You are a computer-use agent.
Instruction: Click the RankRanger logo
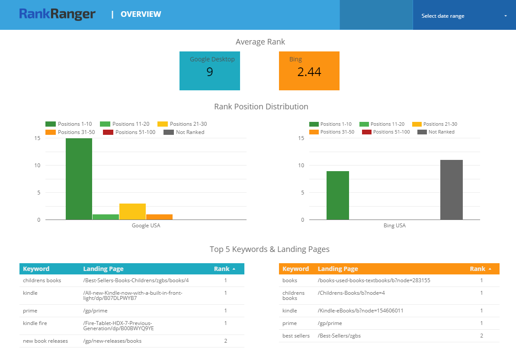click(57, 14)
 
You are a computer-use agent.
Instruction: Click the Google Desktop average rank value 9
click(210, 72)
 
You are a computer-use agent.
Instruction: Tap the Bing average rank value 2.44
click(309, 72)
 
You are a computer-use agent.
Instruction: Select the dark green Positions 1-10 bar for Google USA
click(79, 179)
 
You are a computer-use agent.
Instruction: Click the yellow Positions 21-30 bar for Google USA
click(132, 211)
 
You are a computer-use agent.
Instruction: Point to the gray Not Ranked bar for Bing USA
click(451, 190)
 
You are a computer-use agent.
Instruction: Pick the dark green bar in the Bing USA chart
click(337, 195)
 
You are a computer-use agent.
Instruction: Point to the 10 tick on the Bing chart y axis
click(301, 166)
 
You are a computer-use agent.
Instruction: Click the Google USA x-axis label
click(146, 226)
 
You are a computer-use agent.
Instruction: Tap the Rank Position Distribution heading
click(261, 107)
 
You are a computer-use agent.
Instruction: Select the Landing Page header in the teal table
click(103, 269)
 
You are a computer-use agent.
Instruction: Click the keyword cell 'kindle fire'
click(35, 323)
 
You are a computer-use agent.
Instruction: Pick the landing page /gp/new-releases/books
click(112, 341)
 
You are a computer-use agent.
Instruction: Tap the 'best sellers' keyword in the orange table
click(296, 336)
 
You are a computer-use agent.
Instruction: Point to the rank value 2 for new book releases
click(225, 341)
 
